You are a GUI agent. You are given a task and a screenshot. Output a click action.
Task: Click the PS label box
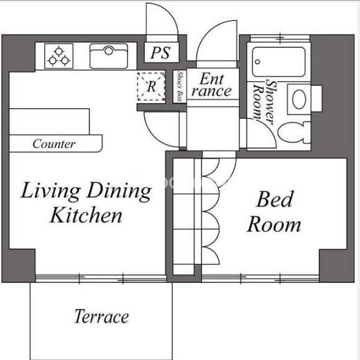point(162,52)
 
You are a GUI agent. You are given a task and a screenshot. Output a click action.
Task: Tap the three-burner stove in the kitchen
point(59,56)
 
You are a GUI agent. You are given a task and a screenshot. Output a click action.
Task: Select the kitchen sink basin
point(109,56)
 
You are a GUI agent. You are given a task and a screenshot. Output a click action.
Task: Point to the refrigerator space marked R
point(151,86)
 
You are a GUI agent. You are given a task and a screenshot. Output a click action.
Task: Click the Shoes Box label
point(180,86)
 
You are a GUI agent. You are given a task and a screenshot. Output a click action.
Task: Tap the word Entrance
point(211,85)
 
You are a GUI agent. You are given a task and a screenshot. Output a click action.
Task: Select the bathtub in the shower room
point(279,62)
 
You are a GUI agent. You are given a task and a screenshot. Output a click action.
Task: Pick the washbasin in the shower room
point(300,99)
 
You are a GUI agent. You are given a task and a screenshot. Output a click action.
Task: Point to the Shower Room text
point(264,102)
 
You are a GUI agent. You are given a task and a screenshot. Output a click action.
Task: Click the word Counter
point(54,144)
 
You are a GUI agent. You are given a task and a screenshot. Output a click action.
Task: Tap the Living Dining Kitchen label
point(86,203)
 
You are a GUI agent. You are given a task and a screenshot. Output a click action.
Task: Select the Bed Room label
point(274,211)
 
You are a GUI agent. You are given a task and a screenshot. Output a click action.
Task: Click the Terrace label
point(101,316)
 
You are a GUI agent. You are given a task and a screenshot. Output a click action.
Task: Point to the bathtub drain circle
point(257,62)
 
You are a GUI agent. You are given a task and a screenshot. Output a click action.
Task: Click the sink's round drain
point(109,50)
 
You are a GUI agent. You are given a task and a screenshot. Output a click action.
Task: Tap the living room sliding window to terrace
point(101,279)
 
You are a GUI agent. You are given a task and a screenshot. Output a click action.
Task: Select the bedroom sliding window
point(261,279)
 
